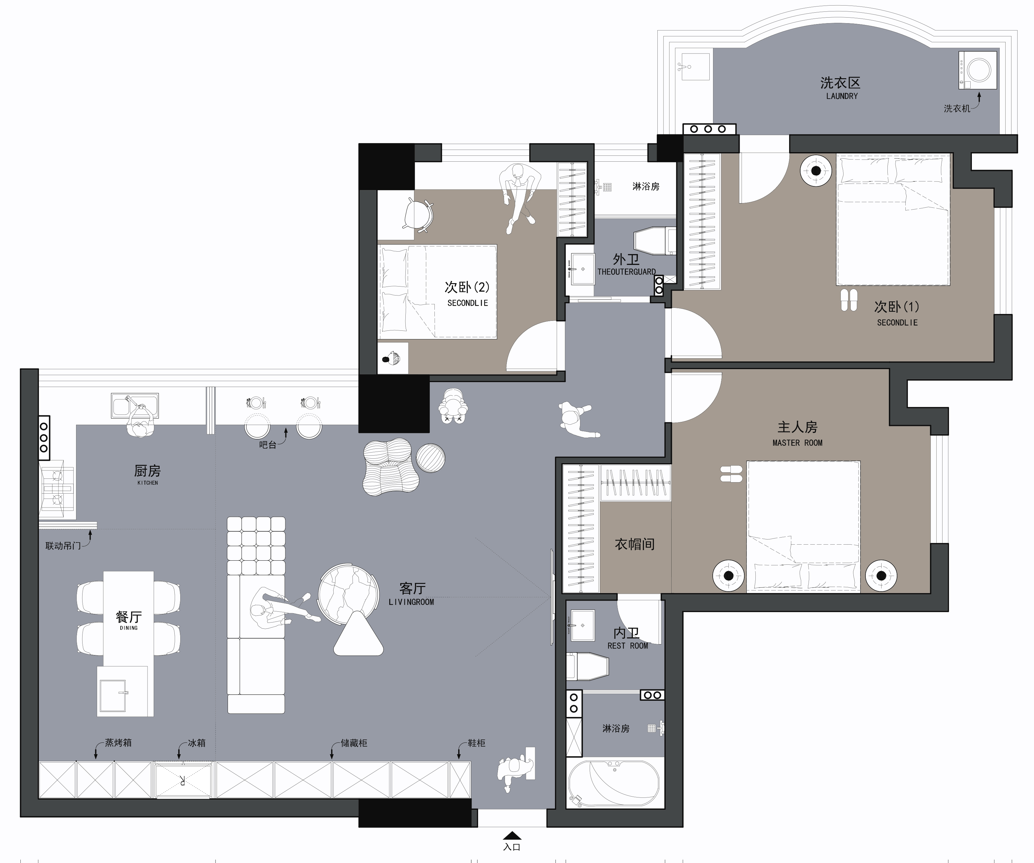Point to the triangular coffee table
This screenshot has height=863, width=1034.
(358, 634)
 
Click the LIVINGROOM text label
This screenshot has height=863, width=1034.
(411, 602)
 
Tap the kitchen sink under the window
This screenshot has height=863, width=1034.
(135, 406)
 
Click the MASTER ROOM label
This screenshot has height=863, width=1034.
(797, 443)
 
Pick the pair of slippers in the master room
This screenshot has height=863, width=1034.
(731, 474)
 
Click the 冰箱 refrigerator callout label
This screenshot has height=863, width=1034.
(196, 743)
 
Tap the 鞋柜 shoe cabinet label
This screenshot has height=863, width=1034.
(476, 743)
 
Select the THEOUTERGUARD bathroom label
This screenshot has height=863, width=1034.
(626, 272)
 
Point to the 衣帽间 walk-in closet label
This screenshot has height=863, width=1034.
(635, 544)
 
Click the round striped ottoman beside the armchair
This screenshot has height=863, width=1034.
(430, 458)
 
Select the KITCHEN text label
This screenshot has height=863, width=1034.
(148, 483)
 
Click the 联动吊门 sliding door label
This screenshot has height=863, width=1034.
(63, 546)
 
